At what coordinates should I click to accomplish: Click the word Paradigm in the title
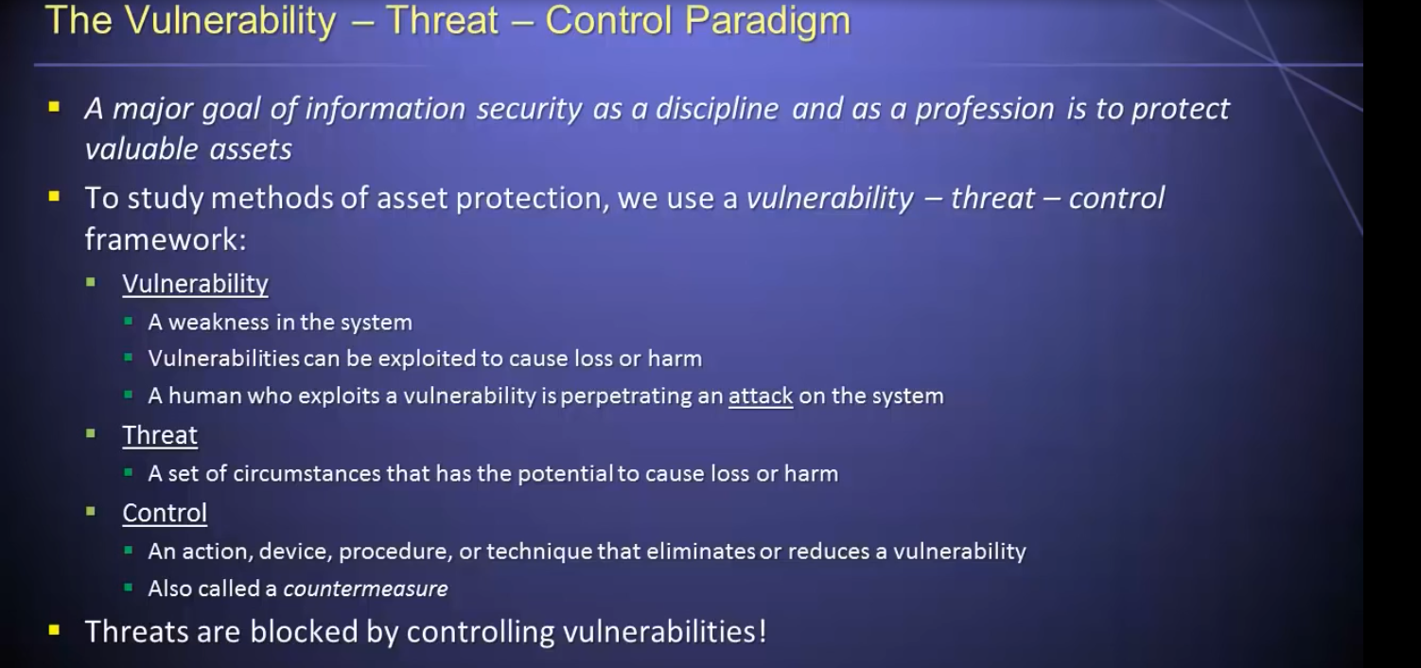pos(767,22)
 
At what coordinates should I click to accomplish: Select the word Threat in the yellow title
pos(443,20)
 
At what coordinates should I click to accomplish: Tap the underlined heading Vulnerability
pos(196,284)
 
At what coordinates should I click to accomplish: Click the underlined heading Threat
pos(160,436)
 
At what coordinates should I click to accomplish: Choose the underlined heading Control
pos(165,513)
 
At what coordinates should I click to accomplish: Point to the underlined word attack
pos(761,396)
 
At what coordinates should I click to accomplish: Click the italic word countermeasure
pos(365,589)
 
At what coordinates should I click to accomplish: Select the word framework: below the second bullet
pos(166,239)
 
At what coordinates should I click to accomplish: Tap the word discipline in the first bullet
pos(717,109)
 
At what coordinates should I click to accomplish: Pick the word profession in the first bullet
pos(985,109)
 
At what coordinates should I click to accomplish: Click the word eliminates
pos(701,552)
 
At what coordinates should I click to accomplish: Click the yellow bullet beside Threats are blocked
pos(54,630)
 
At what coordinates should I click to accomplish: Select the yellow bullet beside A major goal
pos(54,107)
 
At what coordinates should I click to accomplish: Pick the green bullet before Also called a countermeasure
pos(128,589)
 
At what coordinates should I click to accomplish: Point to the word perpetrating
pos(642,396)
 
